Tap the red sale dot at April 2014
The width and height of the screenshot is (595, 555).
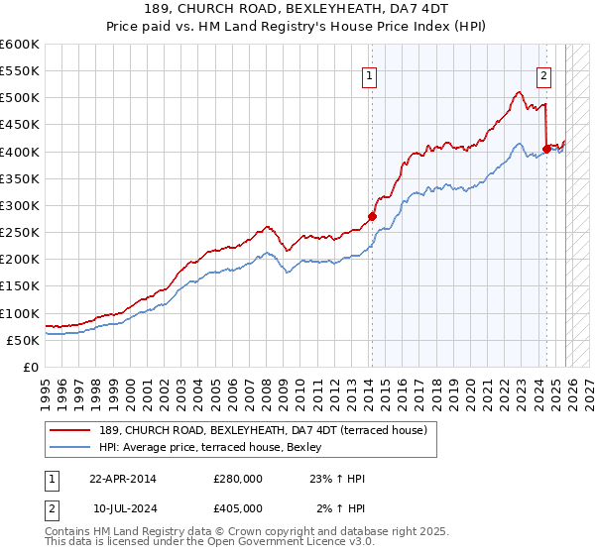point(372,216)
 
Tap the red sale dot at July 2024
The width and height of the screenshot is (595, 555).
point(546,149)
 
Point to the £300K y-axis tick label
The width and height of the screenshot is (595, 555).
point(20,205)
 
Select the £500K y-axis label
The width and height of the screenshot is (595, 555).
point(20,98)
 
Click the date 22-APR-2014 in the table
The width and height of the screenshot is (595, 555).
point(123,479)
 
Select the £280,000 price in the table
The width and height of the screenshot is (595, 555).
point(238,479)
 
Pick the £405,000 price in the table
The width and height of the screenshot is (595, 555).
point(238,508)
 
